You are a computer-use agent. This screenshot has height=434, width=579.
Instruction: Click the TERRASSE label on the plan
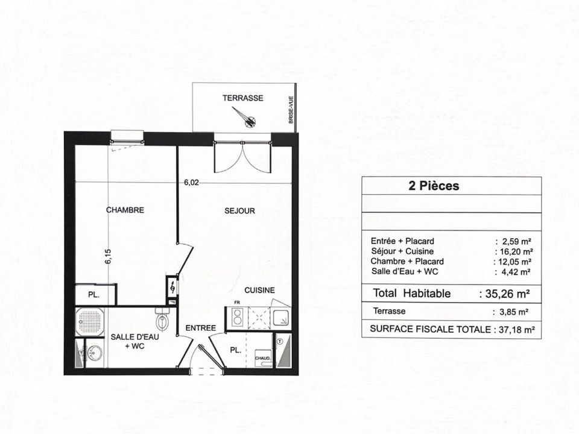pos(242,98)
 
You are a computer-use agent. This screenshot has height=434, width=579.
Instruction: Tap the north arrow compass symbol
pos(244,117)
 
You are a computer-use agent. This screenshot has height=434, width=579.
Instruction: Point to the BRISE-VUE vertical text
pos(291,110)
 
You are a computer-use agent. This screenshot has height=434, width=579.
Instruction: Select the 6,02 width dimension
pos(191,182)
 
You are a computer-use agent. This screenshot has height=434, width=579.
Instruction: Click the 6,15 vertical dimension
pos(108,257)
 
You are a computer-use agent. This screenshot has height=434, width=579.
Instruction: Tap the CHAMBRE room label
pos(125,210)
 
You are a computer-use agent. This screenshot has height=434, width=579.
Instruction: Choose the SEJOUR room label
pos(239,211)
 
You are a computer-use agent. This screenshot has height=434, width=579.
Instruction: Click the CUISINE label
pos(259,291)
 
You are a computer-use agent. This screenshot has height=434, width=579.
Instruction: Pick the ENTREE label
pos(200,328)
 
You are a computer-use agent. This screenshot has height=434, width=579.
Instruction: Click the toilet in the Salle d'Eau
pos(162,318)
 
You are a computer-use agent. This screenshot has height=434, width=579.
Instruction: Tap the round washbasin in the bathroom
pos(95,353)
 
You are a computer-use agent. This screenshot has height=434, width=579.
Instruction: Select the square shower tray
pos(89,321)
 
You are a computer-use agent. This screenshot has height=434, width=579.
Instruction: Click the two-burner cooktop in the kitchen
pos(237,317)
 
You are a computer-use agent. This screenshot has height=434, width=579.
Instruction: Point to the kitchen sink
pos(281,318)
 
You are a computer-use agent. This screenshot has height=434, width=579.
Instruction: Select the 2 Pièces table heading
pos(434,186)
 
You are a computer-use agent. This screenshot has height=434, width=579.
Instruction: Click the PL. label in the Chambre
pos(93,295)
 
